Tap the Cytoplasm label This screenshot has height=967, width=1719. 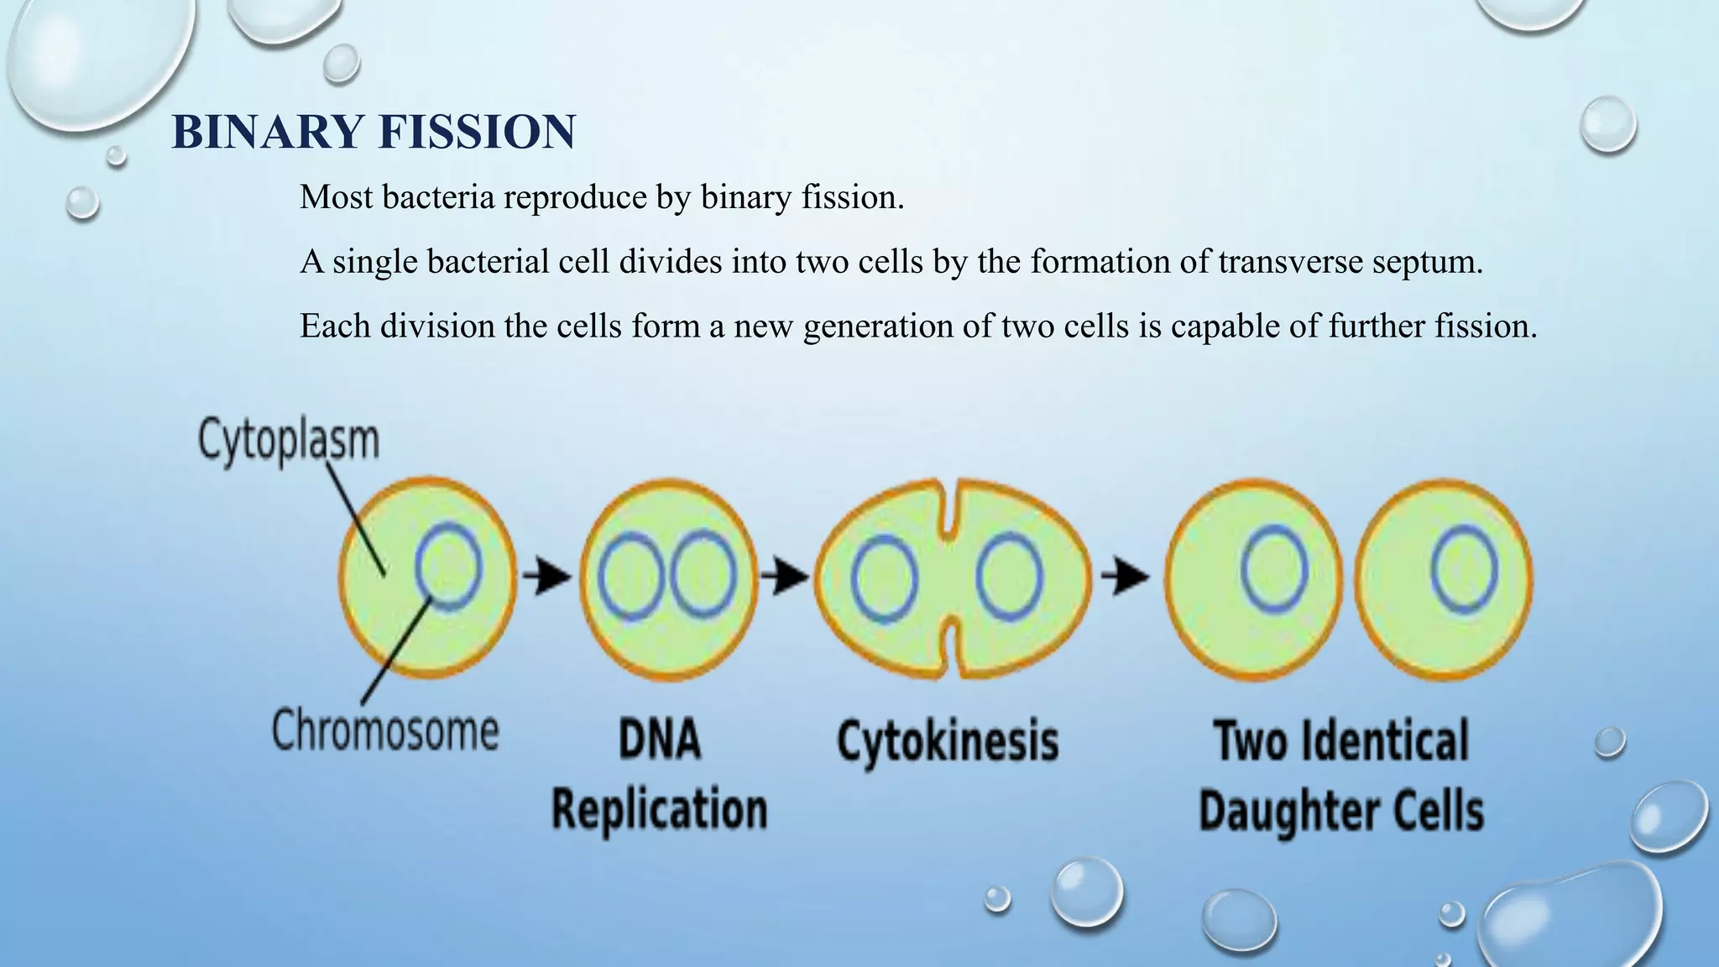(289, 440)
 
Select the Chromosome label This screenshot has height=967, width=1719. (385, 730)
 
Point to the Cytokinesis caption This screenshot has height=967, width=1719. (948, 741)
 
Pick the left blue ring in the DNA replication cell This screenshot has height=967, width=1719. (631, 577)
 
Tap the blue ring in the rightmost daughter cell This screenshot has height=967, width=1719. (1464, 568)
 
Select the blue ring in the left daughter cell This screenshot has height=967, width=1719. (1274, 568)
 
